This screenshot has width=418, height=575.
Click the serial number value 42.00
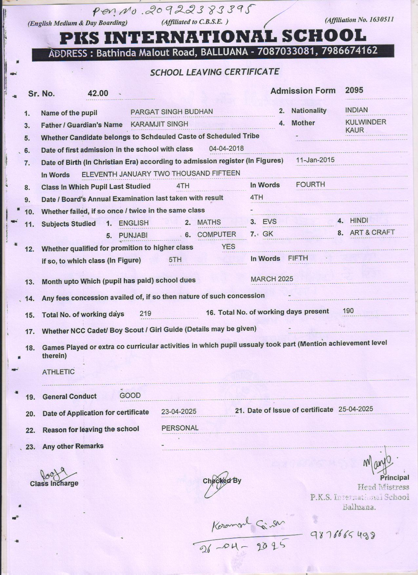tap(98, 93)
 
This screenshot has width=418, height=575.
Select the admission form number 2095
tap(354, 90)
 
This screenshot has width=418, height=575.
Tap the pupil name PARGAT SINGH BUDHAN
tap(171, 112)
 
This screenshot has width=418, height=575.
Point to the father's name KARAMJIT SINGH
tap(159, 124)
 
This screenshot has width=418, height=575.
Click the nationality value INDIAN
tap(356, 110)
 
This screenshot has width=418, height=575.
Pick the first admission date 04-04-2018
tap(226, 149)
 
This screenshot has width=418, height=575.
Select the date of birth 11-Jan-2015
tap(315, 160)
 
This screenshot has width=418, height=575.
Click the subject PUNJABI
tap(133, 235)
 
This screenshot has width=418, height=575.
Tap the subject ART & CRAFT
tap(372, 232)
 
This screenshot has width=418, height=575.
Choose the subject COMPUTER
tap(216, 234)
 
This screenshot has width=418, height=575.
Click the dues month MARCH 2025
tap(272, 279)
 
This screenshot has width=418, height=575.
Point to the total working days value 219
tap(145, 314)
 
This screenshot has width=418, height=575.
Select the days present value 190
tap(348, 311)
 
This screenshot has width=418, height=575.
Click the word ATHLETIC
tap(58, 372)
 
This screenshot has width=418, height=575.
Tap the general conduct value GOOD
tap(130, 396)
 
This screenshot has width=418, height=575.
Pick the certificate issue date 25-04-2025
tap(356, 409)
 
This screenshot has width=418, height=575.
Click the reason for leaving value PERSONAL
tap(180, 428)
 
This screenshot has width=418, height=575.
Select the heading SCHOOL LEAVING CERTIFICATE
tap(215, 72)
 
